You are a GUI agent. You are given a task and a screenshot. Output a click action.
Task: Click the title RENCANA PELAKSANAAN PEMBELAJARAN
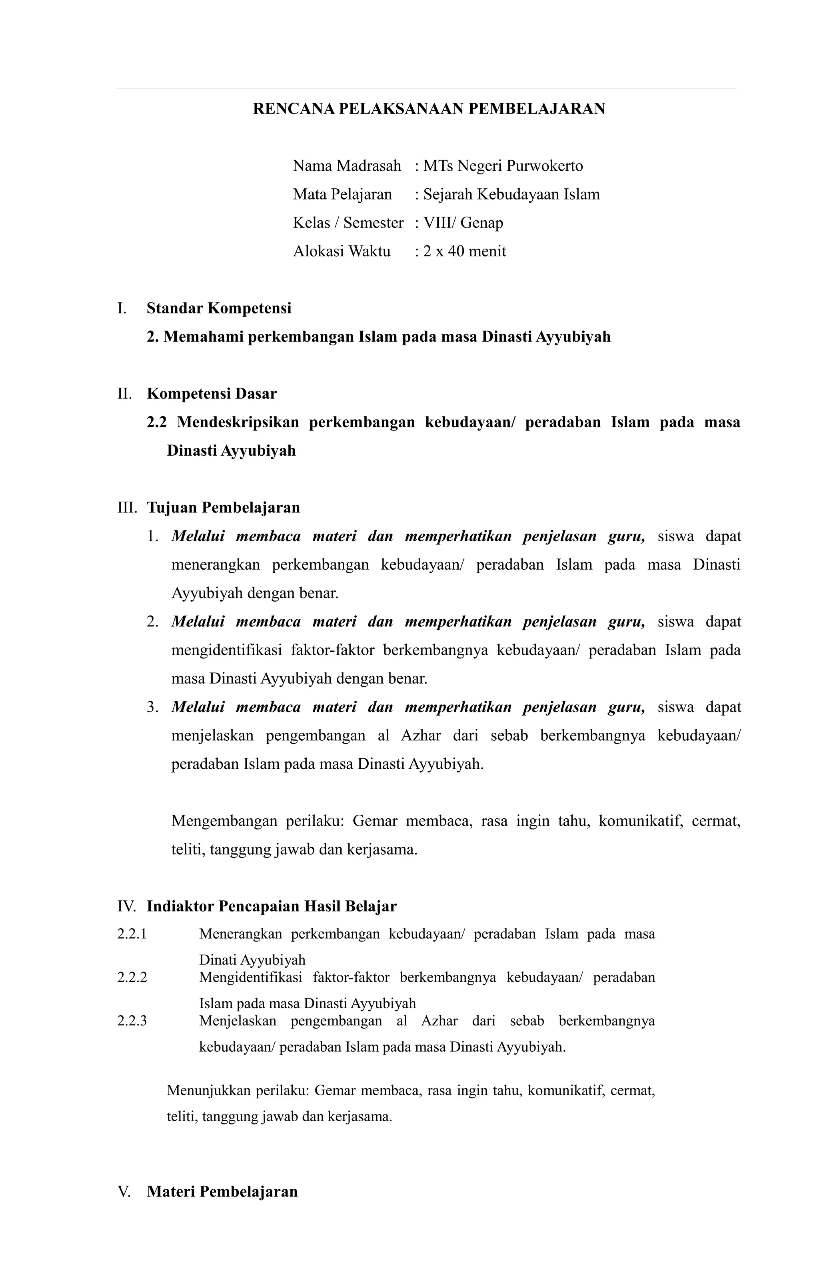click(428, 109)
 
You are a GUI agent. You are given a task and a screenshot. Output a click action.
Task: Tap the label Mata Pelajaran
click(342, 194)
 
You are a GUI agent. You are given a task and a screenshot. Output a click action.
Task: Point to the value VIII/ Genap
click(463, 223)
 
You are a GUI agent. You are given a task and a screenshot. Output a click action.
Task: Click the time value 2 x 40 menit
click(464, 251)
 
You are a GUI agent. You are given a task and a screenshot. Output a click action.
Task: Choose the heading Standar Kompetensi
click(219, 308)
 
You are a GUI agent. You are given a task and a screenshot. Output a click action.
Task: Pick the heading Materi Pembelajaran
click(222, 1191)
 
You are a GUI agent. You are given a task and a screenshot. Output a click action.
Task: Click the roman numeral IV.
click(126, 906)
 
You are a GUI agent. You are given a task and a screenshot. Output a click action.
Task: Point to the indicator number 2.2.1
click(132, 934)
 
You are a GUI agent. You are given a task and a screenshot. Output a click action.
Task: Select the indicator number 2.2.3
click(132, 1021)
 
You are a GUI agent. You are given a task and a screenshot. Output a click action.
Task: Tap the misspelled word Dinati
click(218, 959)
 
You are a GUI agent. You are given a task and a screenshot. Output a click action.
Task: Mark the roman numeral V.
click(124, 1191)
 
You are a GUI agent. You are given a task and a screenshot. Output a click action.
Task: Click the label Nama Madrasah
click(347, 166)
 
